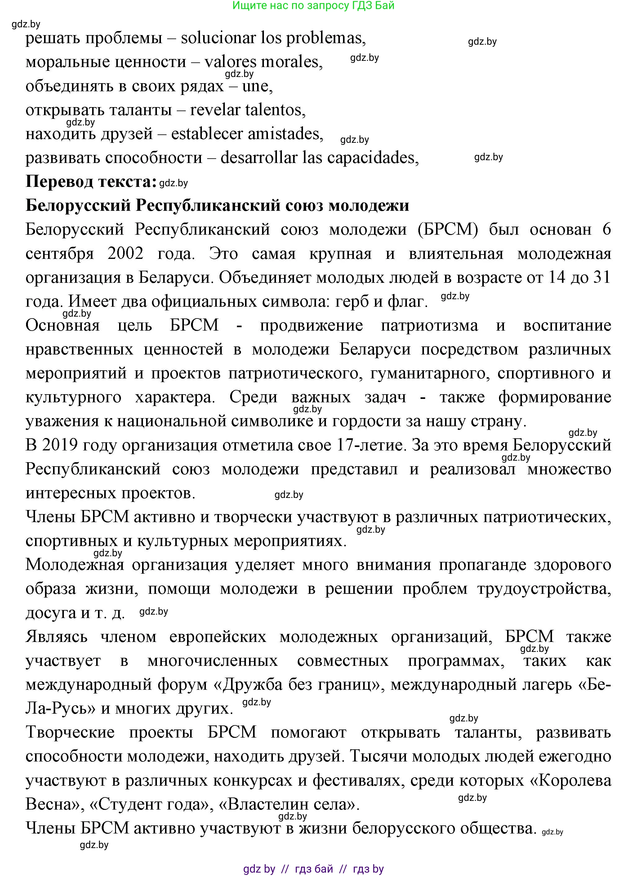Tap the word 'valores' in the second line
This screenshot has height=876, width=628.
[x=230, y=62]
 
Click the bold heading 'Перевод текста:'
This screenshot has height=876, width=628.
[x=91, y=182]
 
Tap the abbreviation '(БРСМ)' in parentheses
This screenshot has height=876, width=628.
[x=448, y=229]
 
